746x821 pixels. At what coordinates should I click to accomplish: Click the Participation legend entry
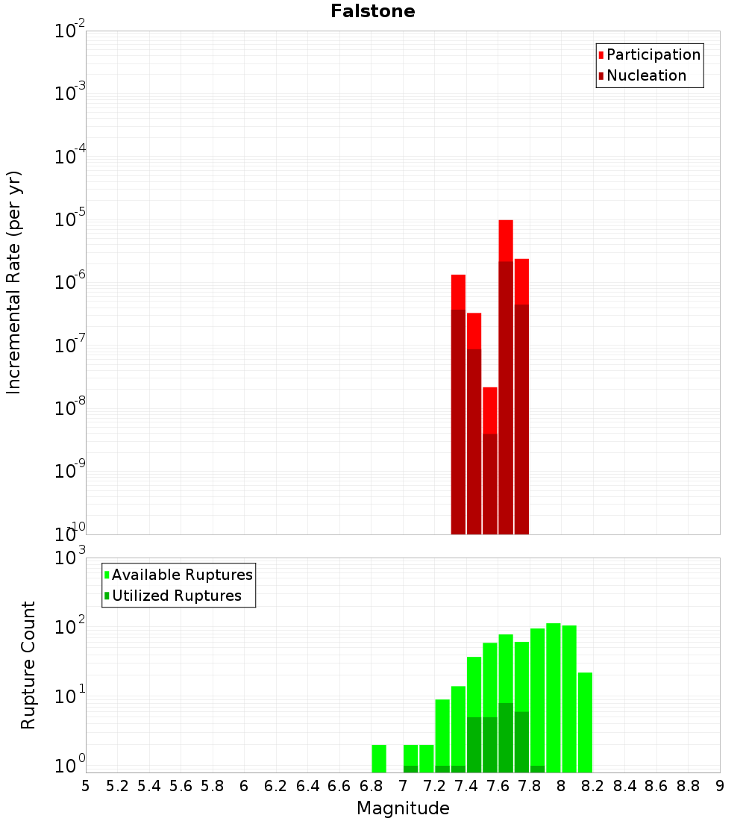pyautogui.click(x=653, y=54)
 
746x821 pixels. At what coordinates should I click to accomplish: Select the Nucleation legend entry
pyautogui.click(x=646, y=75)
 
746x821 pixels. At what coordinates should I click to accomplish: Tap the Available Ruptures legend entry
pyautogui.click(x=182, y=575)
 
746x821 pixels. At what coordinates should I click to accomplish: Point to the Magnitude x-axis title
pyautogui.click(x=403, y=808)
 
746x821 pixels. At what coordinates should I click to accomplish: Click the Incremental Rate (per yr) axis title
pyautogui.click(x=14, y=282)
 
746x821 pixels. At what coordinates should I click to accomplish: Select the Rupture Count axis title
pyautogui.click(x=28, y=664)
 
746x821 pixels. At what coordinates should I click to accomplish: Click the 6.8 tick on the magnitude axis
pyautogui.click(x=371, y=785)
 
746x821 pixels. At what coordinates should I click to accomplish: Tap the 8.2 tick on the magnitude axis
pyautogui.click(x=593, y=785)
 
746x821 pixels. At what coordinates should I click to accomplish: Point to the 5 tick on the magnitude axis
pyautogui.click(x=86, y=785)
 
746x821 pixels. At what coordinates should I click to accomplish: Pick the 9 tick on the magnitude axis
pyautogui.click(x=720, y=785)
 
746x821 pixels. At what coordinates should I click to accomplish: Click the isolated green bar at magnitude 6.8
pyautogui.click(x=379, y=758)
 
